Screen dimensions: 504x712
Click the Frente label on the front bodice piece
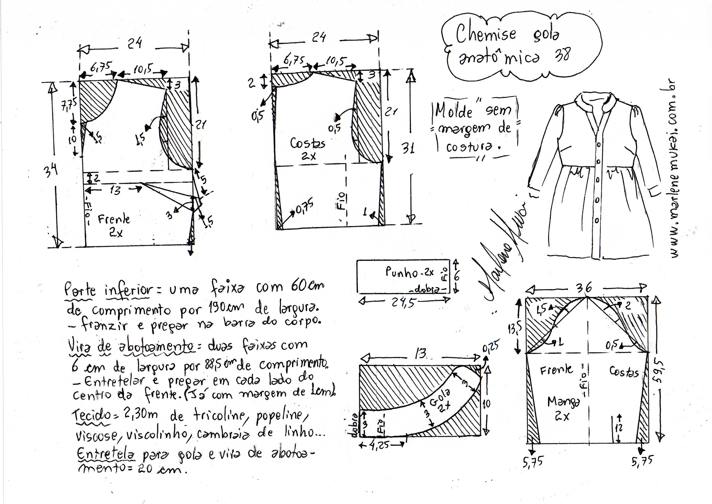114,220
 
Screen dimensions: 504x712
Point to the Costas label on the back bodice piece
307,143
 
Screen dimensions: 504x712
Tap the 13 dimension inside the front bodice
115,190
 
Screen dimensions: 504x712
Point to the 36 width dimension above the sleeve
584,288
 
